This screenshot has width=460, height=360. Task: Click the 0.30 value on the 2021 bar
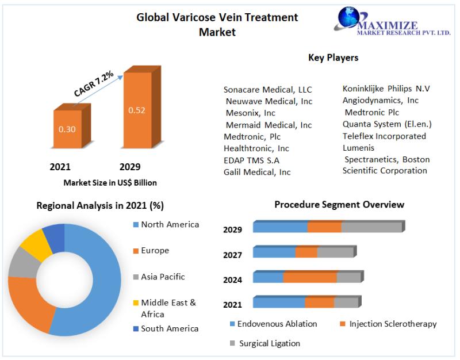tap(67, 129)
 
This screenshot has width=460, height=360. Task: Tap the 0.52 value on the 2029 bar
tap(137, 110)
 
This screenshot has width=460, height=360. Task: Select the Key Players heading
tap(333, 58)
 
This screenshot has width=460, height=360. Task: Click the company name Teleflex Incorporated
tap(384, 136)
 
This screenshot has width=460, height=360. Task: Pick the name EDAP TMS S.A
tap(251, 160)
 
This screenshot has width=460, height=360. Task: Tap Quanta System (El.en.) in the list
tap(387, 124)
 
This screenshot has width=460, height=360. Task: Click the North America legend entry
tap(170, 224)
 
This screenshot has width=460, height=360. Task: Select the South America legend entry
tap(170, 328)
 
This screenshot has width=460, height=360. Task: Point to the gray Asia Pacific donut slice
tap(21, 263)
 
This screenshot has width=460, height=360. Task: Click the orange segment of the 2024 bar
tap(309, 277)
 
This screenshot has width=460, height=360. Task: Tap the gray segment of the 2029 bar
tap(371, 227)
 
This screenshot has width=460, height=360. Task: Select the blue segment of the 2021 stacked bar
tap(278, 302)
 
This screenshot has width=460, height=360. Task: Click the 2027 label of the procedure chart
tap(233, 255)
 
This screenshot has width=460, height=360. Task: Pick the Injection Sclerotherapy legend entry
tap(393, 324)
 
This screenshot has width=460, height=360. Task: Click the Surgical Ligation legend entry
tap(269, 343)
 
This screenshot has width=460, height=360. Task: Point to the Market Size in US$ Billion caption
tap(110, 182)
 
